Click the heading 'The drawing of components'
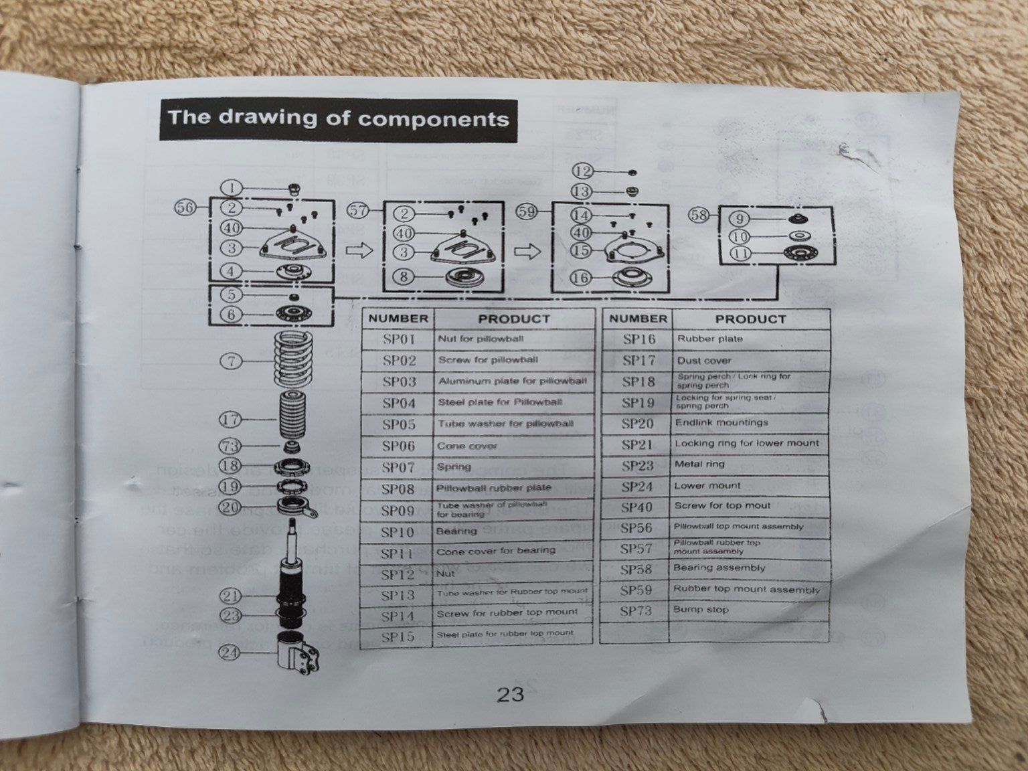(338, 119)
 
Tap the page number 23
(510, 694)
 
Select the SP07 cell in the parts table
(399, 467)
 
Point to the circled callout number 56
(185, 207)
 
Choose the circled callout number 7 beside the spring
(231, 361)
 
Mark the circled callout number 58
(699, 215)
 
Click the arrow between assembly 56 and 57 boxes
(359, 251)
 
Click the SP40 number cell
(636, 507)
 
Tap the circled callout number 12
(583, 171)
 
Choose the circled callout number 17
(230, 420)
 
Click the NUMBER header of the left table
(398, 319)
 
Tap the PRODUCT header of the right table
(750, 319)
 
